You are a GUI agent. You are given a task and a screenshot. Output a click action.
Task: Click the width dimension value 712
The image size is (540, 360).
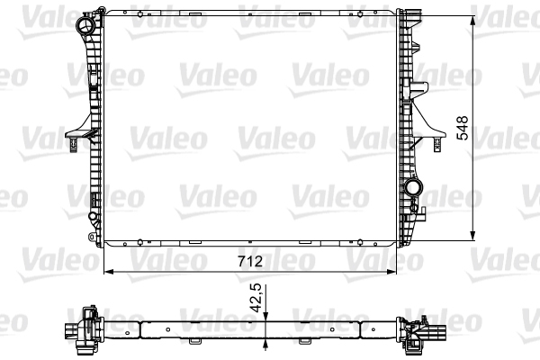[250, 261]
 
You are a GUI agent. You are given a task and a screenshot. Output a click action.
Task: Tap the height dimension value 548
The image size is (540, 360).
[463, 128]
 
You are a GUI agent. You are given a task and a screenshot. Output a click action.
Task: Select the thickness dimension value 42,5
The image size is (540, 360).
[256, 298]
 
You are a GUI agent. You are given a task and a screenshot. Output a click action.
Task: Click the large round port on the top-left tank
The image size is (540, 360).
[85, 24]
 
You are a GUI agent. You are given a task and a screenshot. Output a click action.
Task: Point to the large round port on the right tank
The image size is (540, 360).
[413, 188]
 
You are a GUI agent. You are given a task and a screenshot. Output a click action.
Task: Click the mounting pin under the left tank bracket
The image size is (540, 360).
[73, 145]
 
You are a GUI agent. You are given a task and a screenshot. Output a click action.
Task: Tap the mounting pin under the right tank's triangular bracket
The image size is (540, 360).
[437, 145]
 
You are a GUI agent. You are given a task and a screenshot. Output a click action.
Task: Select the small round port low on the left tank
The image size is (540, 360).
[93, 216]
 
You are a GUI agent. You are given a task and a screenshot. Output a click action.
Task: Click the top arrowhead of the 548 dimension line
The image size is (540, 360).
[472, 22]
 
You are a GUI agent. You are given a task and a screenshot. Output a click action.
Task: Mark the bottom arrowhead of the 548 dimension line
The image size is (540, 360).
[472, 235]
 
